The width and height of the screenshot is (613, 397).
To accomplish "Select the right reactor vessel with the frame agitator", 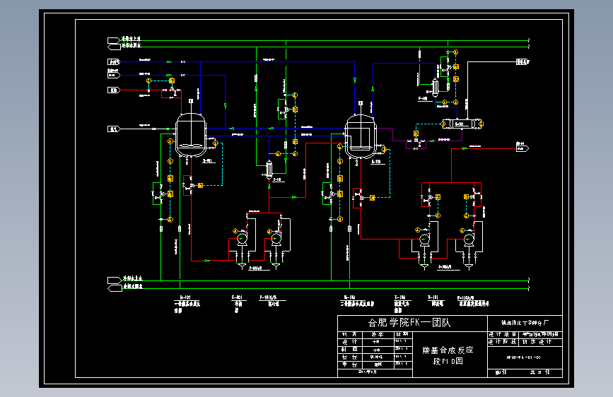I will (x=361, y=134).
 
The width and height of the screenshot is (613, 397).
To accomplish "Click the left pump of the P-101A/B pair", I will (x=241, y=239).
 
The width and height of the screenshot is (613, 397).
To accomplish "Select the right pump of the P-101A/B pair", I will (x=276, y=239).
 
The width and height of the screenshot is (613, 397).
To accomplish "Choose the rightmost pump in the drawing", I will (x=468, y=239).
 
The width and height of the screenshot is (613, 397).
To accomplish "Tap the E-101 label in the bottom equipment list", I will (x=238, y=297).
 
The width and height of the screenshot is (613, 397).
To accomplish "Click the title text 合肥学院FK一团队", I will (x=409, y=322).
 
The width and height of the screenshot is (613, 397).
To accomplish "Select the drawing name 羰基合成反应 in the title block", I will (x=447, y=350).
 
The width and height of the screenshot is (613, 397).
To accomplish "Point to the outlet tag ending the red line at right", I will (x=523, y=148).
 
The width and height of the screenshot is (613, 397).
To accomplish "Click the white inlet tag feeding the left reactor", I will (x=113, y=129).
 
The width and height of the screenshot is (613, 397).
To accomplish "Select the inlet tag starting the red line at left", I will (x=113, y=90).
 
